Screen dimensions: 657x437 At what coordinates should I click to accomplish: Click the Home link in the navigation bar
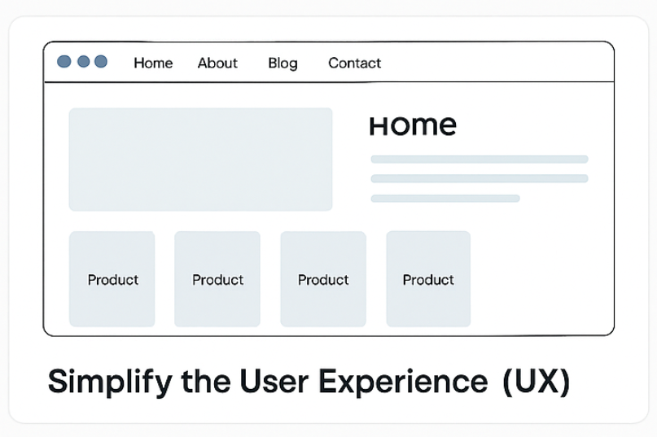click(x=153, y=63)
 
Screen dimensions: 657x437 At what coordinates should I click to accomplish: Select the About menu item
click(x=217, y=63)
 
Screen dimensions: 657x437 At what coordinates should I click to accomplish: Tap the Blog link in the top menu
click(x=283, y=63)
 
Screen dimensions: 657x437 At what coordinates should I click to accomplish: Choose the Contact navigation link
click(x=354, y=63)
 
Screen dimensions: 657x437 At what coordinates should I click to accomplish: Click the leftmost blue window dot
click(x=64, y=62)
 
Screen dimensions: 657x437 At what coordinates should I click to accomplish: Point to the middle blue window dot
click(x=83, y=62)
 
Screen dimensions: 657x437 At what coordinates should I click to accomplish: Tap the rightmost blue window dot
click(x=101, y=62)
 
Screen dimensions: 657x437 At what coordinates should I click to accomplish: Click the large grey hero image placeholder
click(x=201, y=160)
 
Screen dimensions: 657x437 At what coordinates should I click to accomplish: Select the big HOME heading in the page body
click(x=413, y=125)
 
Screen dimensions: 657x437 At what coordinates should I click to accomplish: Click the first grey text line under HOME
click(x=480, y=160)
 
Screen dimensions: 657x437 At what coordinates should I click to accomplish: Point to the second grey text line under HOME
click(x=480, y=178)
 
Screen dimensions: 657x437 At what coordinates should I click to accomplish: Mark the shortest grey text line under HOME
click(x=445, y=199)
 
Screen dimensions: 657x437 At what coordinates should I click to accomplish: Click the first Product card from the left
click(x=112, y=278)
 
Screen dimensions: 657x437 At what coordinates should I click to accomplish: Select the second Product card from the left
click(x=217, y=278)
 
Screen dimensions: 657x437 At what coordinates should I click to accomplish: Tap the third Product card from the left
click(x=323, y=278)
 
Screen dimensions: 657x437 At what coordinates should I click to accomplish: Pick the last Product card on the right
click(x=428, y=278)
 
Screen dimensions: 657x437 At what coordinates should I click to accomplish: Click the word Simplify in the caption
click(x=110, y=382)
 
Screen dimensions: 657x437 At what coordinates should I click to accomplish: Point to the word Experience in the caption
click(x=403, y=382)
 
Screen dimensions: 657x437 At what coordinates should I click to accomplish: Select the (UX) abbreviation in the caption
click(x=536, y=382)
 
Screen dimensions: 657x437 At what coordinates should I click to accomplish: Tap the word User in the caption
click(x=274, y=382)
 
